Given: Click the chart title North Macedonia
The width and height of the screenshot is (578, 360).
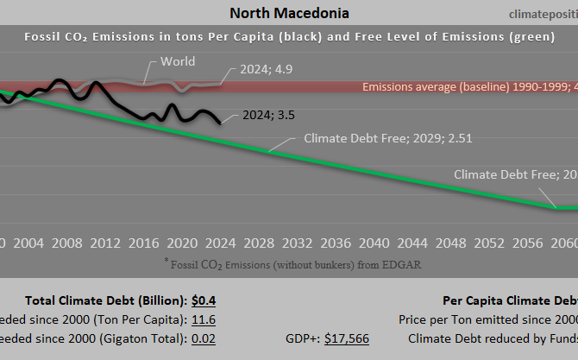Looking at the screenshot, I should click(289, 13).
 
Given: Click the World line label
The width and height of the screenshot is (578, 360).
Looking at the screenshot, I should click(178, 62).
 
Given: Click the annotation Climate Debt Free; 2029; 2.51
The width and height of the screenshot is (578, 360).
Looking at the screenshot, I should click(388, 137).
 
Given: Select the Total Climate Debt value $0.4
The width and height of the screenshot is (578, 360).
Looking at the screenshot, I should click(204, 300).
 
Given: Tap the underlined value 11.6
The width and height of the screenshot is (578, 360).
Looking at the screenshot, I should click(204, 319).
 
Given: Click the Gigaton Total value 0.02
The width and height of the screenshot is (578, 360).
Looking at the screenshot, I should click(204, 338).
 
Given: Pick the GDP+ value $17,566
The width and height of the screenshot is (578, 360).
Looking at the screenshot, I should click(346, 338).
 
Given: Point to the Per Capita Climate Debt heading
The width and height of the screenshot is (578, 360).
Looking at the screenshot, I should click(510, 300).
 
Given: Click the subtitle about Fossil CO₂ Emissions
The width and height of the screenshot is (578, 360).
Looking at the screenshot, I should click(289, 37).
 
